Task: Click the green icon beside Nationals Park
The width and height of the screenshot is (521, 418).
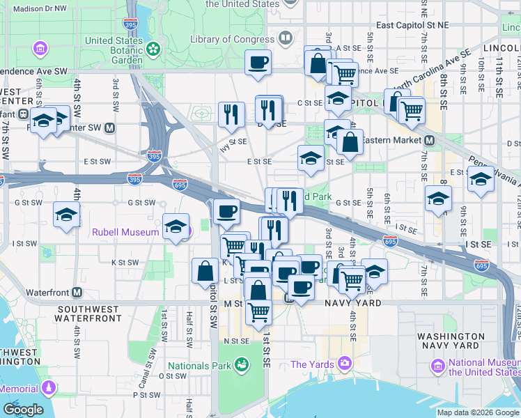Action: click(x=241, y=364)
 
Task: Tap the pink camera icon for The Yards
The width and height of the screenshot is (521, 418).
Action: click(x=345, y=363)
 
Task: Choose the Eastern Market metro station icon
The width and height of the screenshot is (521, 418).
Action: click(x=430, y=140)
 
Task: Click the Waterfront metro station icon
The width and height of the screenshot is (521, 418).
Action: click(x=77, y=293)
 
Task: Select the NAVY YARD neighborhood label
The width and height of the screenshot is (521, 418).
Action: click(x=352, y=304)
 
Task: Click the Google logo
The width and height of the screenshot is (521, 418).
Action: click(x=23, y=410)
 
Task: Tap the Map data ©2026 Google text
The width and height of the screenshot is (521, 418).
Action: click(x=478, y=412)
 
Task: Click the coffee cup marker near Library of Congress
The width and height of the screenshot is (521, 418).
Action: click(x=258, y=63)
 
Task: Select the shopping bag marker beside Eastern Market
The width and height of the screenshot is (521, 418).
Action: click(x=350, y=142)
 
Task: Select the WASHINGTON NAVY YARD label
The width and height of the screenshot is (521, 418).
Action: click(x=451, y=341)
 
